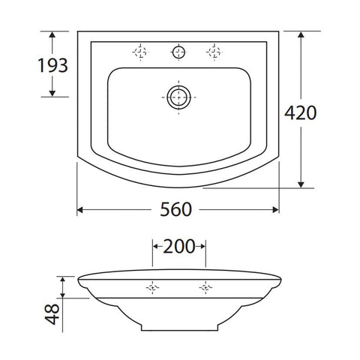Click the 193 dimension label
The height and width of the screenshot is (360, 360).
[x=52, y=65]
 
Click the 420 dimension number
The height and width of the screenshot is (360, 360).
[x=301, y=113]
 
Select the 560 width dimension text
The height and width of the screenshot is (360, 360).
[x=175, y=209]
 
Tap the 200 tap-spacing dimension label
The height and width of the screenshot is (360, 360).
[x=178, y=247]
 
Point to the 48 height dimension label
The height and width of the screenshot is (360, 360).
[x=52, y=314]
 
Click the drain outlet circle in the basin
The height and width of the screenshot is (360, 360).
[x=178, y=97]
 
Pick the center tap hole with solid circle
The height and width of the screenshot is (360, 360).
[x=178, y=52]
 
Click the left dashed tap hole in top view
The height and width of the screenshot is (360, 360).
[x=140, y=52]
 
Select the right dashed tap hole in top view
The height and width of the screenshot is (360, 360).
[x=214, y=52]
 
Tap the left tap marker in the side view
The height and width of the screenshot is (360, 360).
[x=152, y=288]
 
